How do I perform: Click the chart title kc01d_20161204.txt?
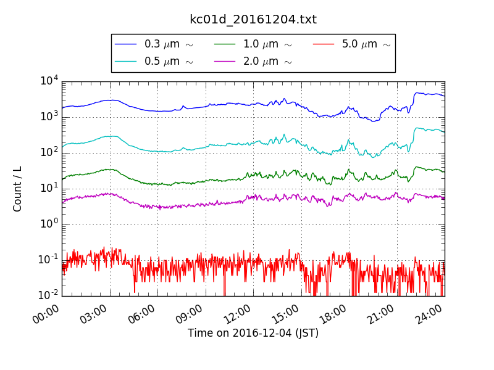pos(253,20)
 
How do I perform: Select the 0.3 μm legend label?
pos(168,44)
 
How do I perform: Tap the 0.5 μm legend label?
pos(168,61)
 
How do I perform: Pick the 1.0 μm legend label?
pos(267,44)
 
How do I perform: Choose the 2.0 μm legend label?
pos(267,61)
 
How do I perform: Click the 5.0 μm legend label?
pos(366,44)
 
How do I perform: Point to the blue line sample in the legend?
pos(126,44)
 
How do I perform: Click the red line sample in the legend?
pos(324,44)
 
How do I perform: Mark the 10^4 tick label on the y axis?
pos(49,81)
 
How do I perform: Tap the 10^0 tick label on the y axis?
pos(49,224)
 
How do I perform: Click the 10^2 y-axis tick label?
pos(49,152)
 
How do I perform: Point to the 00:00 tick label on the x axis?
pos(46,317)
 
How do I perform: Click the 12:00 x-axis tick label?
pos(237,317)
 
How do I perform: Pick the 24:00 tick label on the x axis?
pos(429,317)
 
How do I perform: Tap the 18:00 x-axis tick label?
pos(333,317)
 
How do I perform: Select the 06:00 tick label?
pos(141,317)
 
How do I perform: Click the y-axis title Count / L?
pos(18,188)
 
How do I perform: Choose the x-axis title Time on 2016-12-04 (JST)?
pos(253,334)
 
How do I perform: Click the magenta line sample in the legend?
pos(225,61)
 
